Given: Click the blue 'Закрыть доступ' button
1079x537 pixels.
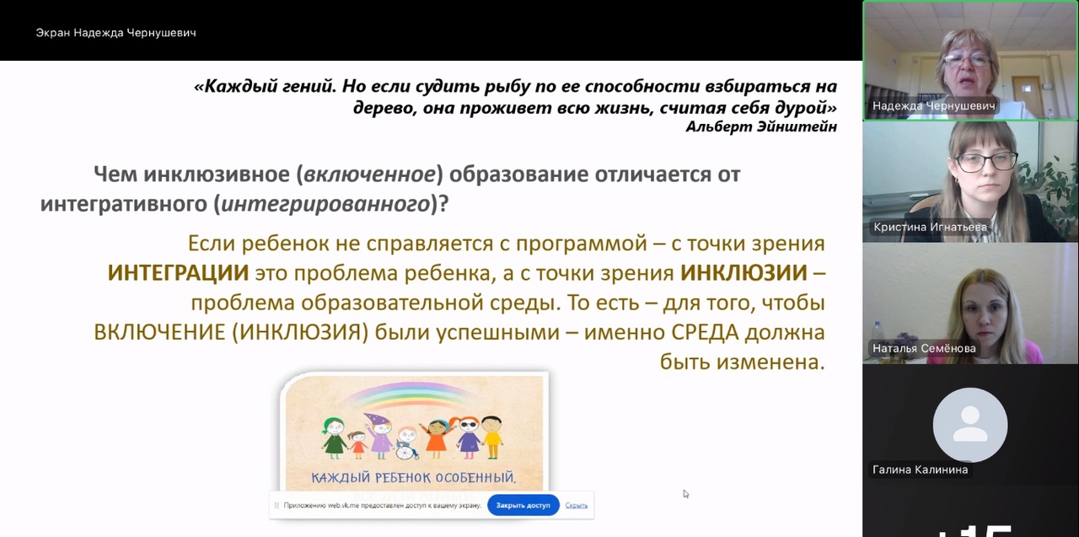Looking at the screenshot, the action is [523, 505].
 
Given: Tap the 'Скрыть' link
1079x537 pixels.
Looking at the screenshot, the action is [576, 505].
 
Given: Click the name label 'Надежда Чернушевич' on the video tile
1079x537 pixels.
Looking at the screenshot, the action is [933, 105].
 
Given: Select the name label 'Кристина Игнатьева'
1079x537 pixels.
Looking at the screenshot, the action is [930, 227].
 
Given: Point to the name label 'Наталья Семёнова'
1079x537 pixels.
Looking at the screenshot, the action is [924, 348].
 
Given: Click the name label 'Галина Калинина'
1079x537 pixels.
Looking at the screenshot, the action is [920, 470].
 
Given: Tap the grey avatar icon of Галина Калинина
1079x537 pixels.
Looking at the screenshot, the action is [970, 425].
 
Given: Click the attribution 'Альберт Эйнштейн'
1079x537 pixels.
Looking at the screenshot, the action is [761, 126].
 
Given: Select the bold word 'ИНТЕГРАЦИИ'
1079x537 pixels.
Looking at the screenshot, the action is [178, 273].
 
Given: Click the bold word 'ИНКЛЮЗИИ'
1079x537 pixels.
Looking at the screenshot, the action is [743, 273].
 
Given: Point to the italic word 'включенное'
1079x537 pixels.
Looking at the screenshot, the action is [369, 175].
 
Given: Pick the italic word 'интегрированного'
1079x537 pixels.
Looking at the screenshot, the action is [325, 204].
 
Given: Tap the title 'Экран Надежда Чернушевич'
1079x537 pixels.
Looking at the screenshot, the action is [115, 33].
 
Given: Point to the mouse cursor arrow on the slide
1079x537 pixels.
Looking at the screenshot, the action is [686, 494].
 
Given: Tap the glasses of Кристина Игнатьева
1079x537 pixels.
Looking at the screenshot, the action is [986, 161].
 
